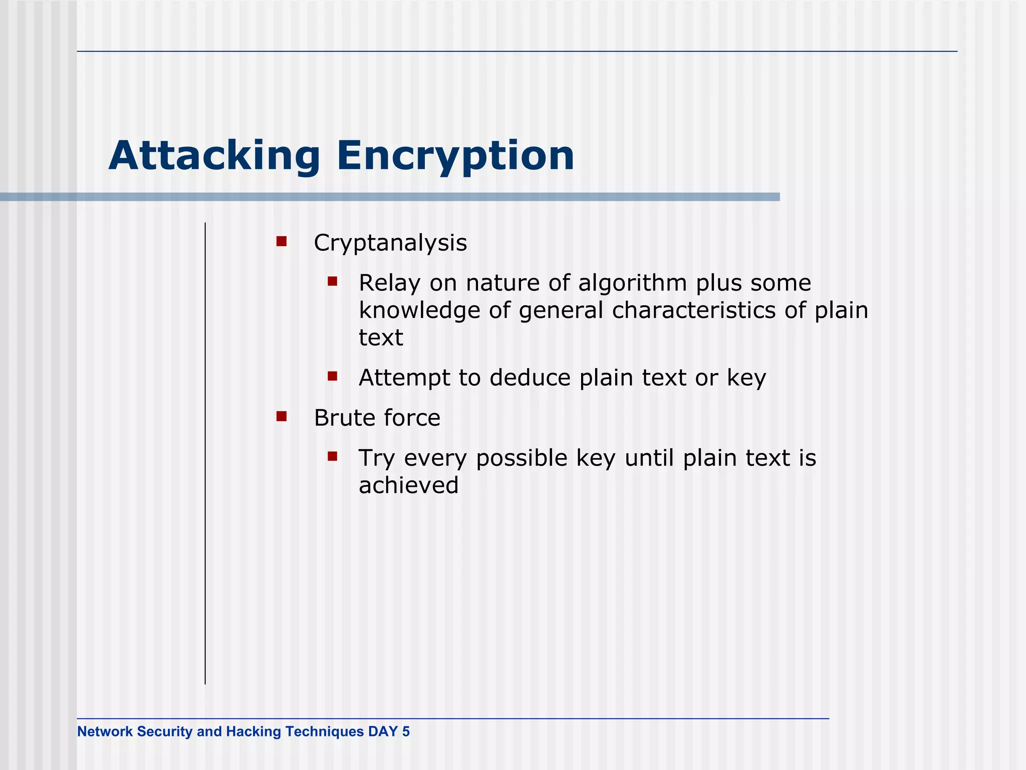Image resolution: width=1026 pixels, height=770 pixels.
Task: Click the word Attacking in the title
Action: tap(214, 156)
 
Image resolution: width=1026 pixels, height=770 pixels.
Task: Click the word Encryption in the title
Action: tap(455, 156)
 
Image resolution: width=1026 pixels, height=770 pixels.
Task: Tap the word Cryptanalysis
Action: tap(390, 244)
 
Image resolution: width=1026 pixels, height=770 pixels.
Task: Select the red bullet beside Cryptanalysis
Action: tap(282, 242)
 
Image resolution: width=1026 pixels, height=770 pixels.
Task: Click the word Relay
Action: tap(389, 284)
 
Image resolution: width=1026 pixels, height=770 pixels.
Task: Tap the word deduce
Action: tap(530, 378)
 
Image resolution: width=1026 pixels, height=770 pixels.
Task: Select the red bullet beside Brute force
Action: tap(282, 417)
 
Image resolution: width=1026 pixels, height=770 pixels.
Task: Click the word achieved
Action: tap(408, 486)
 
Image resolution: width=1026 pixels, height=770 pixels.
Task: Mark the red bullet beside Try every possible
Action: tap(333, 456)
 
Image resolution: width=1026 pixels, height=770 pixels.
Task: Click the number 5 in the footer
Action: tap(405, 731)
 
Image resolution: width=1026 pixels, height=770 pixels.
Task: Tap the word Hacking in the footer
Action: tap(253, 731)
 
